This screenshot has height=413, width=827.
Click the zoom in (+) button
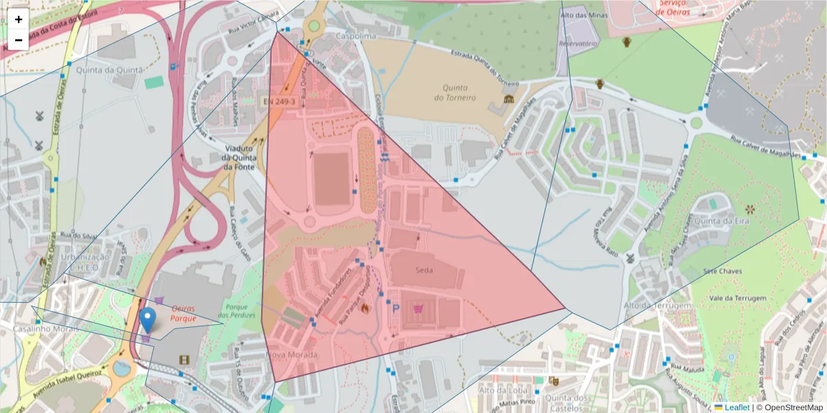[19, 19]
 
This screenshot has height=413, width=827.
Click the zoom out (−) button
[19, 40]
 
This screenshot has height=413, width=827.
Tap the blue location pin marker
[147, 320]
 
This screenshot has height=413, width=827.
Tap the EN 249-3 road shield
[279, 102]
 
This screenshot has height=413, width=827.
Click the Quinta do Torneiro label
[455, 92]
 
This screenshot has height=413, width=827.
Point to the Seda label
[425, 270]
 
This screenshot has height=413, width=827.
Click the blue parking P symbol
[396, 309]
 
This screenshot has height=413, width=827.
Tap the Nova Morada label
[292, 354]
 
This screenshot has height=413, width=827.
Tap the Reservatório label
[578, 43]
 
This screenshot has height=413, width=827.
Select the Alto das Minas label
[584, 15]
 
